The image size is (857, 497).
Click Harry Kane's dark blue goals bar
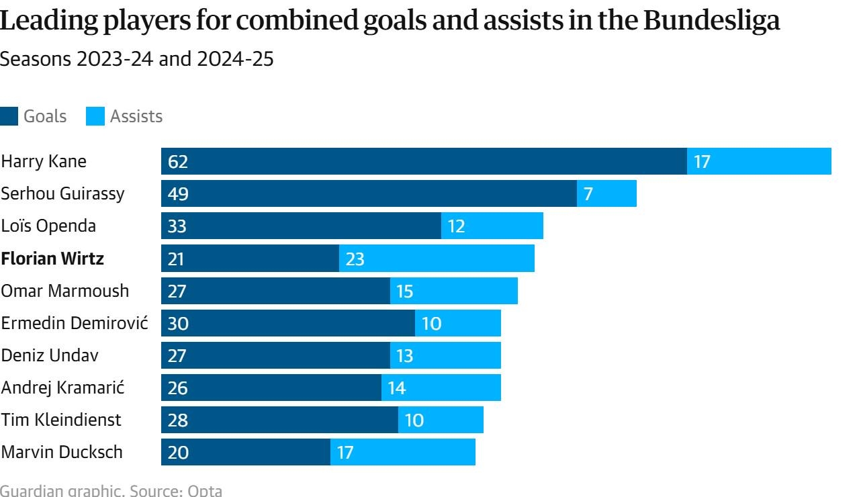424,161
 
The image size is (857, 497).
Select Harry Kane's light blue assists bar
759,161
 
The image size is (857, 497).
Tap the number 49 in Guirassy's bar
178,193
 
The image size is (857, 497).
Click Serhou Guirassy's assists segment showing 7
606,193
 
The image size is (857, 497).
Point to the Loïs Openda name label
48,226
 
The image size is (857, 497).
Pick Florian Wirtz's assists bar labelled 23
437,259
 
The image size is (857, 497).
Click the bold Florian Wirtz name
52,259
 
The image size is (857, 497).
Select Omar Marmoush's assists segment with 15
454,291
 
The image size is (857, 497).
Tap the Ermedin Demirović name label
75,323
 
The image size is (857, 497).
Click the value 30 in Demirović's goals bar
178,323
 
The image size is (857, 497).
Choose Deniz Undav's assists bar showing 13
445,355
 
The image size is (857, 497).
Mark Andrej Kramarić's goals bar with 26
271,388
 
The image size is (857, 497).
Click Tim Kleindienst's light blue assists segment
441,420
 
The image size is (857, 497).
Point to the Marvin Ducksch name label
62,452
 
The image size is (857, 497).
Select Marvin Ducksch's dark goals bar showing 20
246,452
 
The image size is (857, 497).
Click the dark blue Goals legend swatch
9,116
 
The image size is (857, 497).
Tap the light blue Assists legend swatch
95,116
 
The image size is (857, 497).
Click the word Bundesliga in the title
712,20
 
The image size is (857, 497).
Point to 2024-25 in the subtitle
235,59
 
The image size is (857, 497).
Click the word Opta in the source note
205,490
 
